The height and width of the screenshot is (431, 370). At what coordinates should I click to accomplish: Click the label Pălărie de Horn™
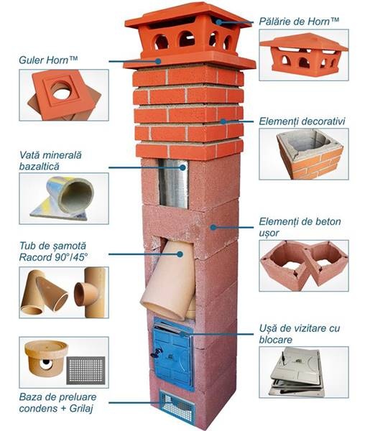tap(299, 22)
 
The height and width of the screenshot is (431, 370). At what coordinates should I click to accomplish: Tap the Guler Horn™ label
tap(48, 60)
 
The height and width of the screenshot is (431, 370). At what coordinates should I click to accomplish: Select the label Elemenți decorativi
tap(302, 121)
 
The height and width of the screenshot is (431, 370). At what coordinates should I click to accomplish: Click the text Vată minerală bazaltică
tap(50, 160)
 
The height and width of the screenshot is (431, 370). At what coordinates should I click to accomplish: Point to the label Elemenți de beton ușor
tap(300, 227)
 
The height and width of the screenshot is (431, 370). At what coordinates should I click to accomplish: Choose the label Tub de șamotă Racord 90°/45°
tap(54, 251)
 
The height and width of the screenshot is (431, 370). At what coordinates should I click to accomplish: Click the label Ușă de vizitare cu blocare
tap(300, 334)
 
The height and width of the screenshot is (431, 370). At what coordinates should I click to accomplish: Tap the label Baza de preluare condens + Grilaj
tap(57, 403)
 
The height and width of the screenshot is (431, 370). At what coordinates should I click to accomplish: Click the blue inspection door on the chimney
tap(173, 354)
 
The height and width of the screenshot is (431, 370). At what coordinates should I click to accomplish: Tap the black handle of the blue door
tap(157, 353)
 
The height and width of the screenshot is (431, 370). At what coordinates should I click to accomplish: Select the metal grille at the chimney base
tap(177, 407)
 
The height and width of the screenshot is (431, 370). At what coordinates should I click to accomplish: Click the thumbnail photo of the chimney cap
tap(304, 55)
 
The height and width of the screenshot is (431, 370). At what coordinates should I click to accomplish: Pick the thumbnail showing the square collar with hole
tap(64, 95)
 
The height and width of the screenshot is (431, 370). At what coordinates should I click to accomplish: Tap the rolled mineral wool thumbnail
tap(64, 198)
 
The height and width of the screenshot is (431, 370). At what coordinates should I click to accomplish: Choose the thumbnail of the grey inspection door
tap(304, 372)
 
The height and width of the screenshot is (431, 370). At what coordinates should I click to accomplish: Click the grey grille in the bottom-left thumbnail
tap(85, 371)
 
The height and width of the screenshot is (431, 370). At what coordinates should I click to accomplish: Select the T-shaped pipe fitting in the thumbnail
tap(90, 292)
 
